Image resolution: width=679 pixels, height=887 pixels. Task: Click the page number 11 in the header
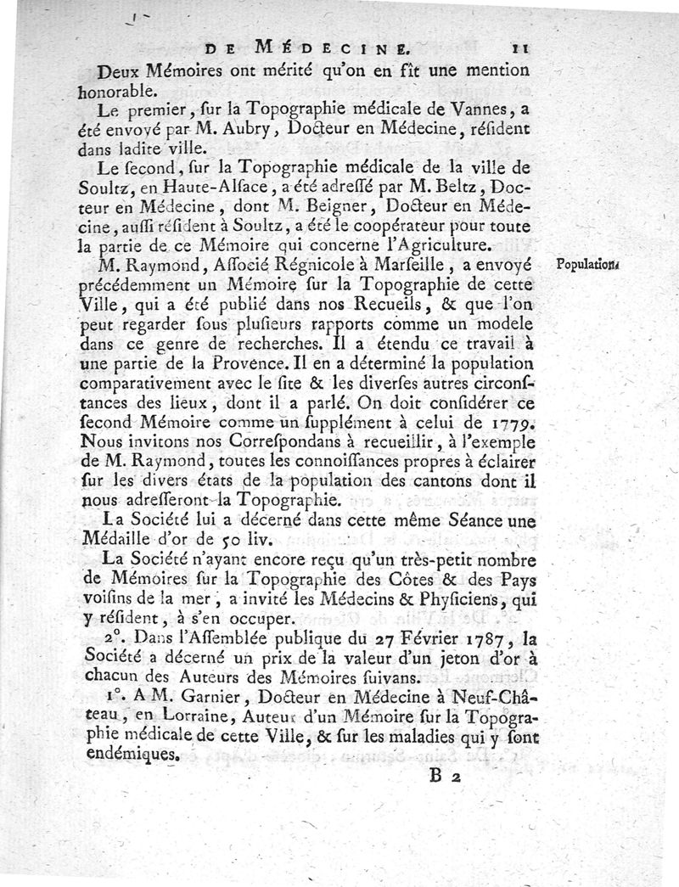click(x=519, y=50)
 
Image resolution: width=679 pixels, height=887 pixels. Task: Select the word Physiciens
click(x=456, y=598)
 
